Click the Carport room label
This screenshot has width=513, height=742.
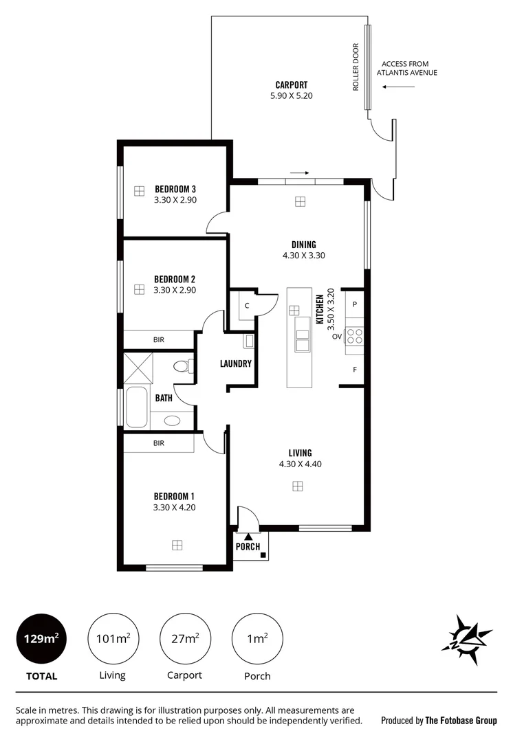pyautogui.click(x=291, y=85)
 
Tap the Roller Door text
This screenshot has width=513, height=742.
pyautogui.click(x=356, y=67)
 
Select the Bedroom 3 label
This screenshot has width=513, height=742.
pyautogui.click(x=175, y=189)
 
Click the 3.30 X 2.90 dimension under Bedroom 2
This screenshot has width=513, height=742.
pyautogui.click(x=175, y=291)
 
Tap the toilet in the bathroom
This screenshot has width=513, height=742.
pyautogui.click(x=183, y=366)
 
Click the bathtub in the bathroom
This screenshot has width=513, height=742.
pyautogui.click(x=135, y=407)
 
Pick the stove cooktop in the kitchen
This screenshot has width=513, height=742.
pyautogui.click(x=354, y=336)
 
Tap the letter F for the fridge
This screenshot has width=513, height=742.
pyautogui.click(x=355, y=370)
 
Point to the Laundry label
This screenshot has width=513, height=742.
pyautogui.click(x=235, y=364)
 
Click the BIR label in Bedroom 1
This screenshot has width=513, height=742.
pyautogui.click(x=159, y=444)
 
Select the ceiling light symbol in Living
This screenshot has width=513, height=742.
pyautogui.click(x=297, y=486)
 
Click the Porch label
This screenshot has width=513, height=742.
pyautogui.click(x=248, y=547)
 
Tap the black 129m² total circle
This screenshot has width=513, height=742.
pyautogui.click(x=41, y=639)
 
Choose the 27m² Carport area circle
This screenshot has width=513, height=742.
pyautogui.click(x=184, y=639)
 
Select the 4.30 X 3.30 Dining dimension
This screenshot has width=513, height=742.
pyautogui.click(x=303, y=255)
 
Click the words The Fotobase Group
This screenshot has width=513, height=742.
pyautogui.click(x=461, y=721)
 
